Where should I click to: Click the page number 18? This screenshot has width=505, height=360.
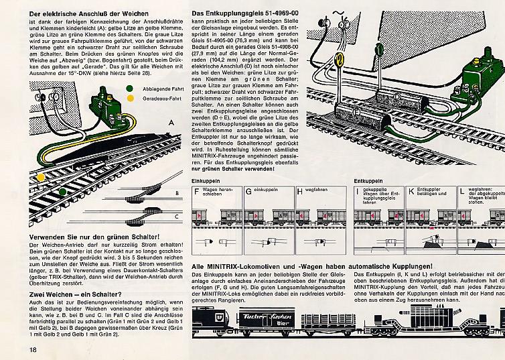[32, 349]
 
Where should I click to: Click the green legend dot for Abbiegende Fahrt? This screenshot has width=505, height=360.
[129, 88]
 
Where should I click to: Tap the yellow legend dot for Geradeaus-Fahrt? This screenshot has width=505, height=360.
[129, 99]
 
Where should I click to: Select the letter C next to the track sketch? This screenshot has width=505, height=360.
[175, 216]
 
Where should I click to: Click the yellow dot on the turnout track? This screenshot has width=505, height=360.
[42, 177]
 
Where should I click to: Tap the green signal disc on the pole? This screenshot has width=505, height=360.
[379, 48]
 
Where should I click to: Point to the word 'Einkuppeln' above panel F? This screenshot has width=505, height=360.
[205, 182]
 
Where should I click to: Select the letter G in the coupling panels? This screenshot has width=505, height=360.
[249, 192]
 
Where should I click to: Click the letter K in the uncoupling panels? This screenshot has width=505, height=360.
[411, 192]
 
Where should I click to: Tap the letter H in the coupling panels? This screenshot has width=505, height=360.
[299, 192]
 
